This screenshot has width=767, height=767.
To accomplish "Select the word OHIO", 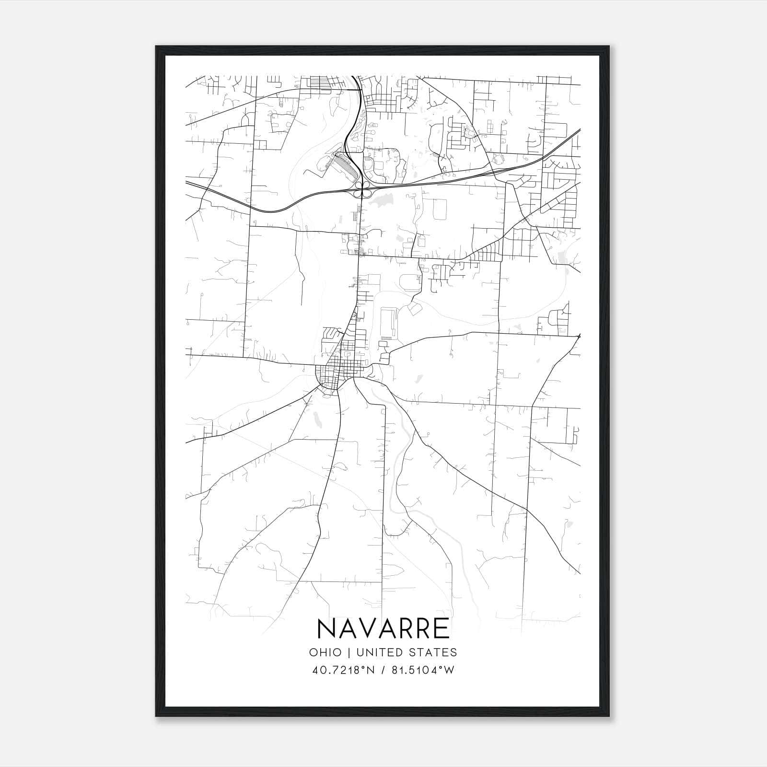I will (x=325, y=652).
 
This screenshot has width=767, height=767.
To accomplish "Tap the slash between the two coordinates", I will (x=383, y=670).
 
